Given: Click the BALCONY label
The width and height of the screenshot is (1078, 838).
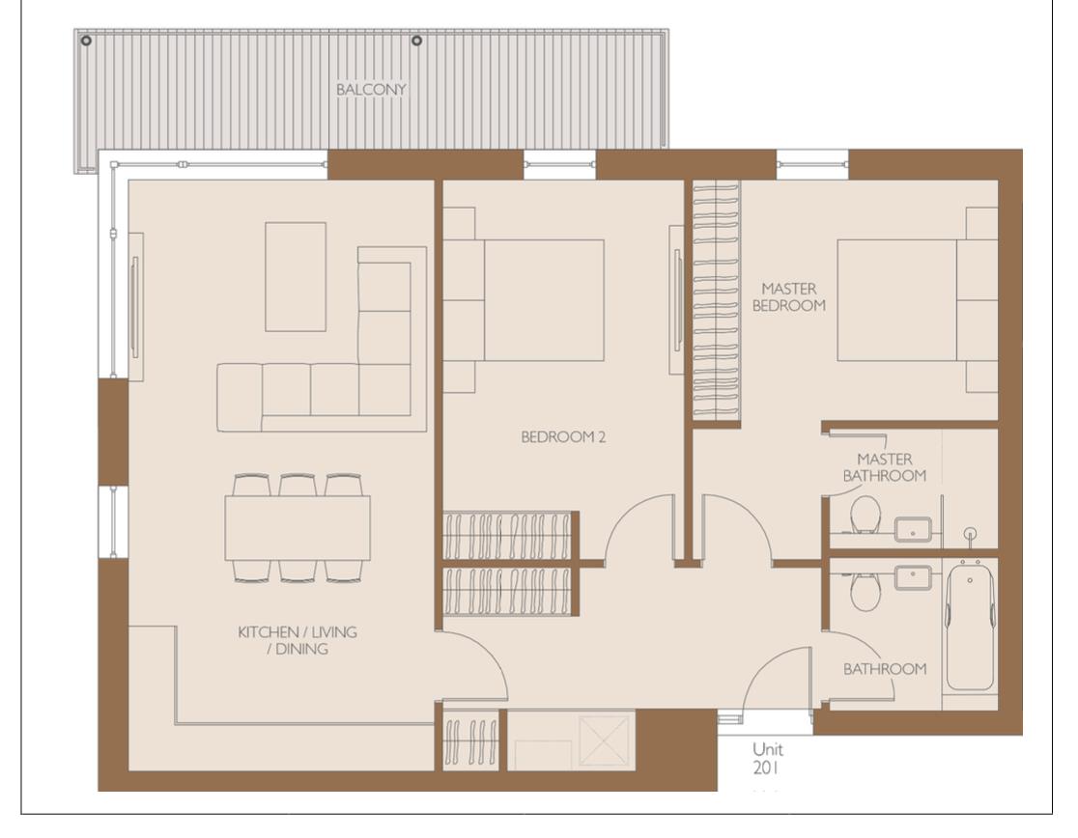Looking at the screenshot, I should [371, 89].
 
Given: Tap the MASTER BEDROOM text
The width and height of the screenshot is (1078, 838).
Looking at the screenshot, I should [792, 296].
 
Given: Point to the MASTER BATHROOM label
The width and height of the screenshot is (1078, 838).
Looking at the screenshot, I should [884, 467].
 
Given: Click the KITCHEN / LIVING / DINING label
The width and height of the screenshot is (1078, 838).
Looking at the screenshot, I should [297, 640].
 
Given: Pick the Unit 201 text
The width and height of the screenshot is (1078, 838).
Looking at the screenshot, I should [768, 759].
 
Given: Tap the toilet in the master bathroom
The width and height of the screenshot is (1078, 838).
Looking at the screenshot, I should [865, 514].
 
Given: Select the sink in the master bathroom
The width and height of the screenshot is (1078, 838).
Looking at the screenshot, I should [913, 528].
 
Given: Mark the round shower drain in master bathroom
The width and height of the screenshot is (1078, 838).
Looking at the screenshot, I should [971, 532].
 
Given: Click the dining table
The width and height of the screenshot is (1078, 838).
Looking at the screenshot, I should [298, 528].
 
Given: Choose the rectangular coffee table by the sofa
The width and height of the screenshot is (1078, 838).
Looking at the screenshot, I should [296, 276].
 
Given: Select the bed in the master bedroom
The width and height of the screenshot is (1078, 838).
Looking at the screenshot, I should [897, 300].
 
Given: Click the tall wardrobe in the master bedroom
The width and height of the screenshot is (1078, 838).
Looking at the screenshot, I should [716, 300].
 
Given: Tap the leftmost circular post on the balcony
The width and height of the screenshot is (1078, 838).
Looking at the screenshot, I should [87, 41].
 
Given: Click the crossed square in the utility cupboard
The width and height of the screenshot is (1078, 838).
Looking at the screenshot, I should [606, 740].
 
